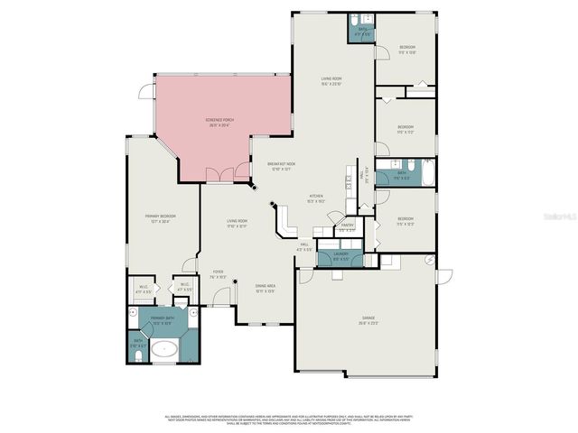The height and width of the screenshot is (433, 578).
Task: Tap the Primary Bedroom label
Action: [161, 218]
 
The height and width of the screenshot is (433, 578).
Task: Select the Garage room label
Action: [368, 318]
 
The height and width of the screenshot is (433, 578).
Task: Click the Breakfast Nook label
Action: [281, 166]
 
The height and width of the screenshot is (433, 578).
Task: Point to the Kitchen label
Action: [317, 198]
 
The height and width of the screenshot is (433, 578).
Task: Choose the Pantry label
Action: [347, 226]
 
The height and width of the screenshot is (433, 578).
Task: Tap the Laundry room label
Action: [340, 256]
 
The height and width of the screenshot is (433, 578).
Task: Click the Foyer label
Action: [218, 274]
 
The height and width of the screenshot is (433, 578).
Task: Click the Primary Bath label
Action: [163, 320]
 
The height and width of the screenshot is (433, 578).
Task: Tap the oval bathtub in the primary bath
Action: [163, 350]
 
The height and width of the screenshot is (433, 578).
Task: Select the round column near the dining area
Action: [236, 282]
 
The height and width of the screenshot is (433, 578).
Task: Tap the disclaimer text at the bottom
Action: [289, 419]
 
